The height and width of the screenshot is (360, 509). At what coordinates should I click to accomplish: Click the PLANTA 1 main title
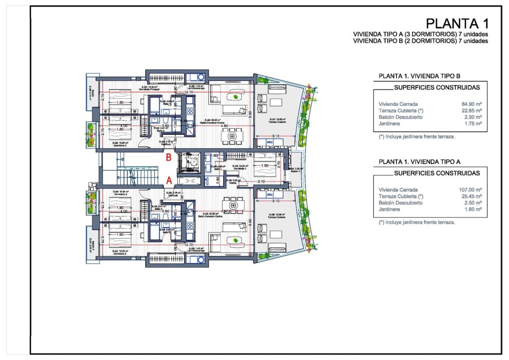[x=458, y=23]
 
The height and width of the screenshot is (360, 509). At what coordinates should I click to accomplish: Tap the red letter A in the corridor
[x=169, y=181]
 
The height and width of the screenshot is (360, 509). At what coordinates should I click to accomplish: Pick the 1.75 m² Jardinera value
[x=473, y=123]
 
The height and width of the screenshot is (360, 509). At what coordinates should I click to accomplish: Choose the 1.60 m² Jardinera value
[x=473, y=209]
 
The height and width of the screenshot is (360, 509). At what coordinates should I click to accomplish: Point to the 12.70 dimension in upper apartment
[x=188, y=92]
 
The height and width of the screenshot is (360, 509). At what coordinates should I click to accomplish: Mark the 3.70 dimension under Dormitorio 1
[x=261, y=181]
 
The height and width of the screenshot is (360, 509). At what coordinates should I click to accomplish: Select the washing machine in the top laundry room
[x=200, y=77]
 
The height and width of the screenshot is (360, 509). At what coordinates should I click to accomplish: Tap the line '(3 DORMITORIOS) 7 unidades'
[x=421, y=34]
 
